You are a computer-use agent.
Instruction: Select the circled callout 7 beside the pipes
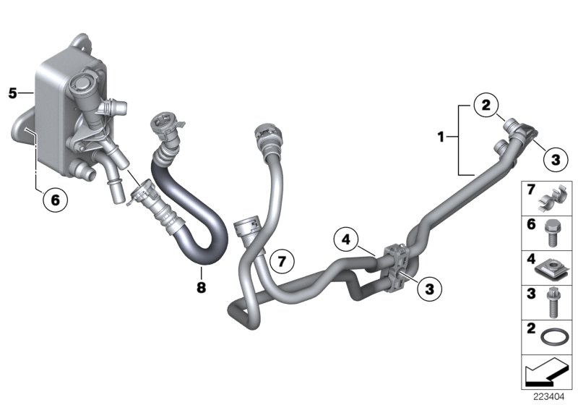pyautogui.click(x=282, y=259)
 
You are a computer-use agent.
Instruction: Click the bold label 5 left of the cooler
pyautogui.click(x=12, y=93)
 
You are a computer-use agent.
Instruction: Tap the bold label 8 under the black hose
pyautogui.click(x=201, y=288)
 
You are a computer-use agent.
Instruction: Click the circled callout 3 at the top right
pyautogui.click(x=555, y=160)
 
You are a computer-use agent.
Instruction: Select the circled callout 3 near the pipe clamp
pyautogui.click(x=429, y=289)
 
